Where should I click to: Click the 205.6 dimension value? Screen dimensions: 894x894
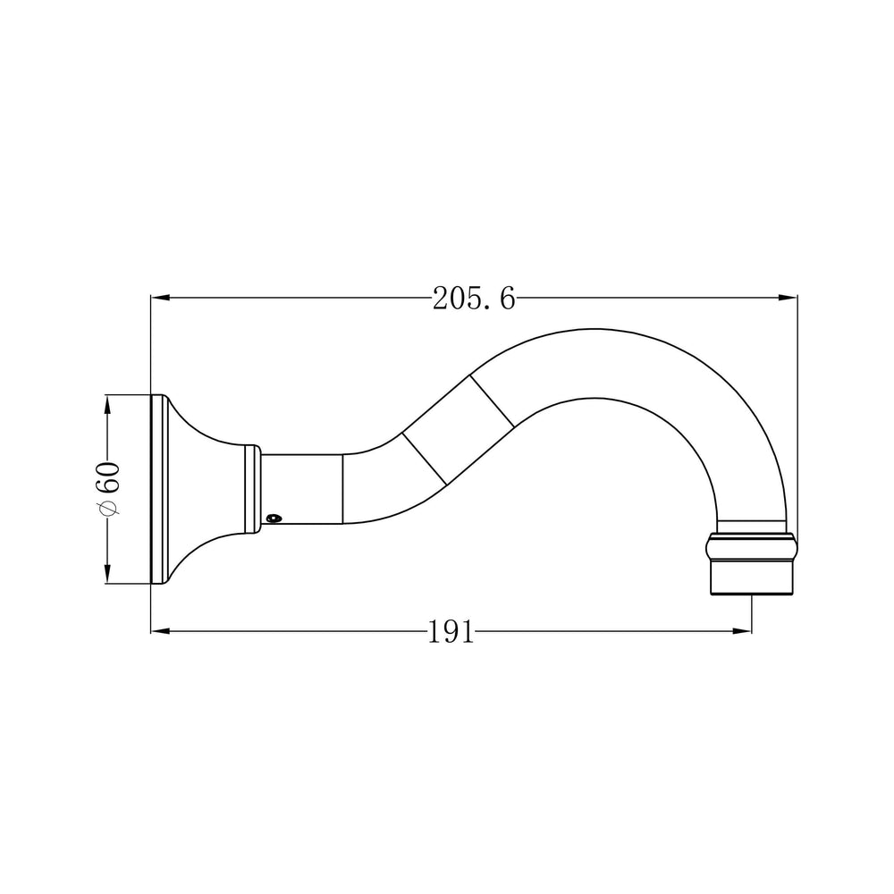[474, 299]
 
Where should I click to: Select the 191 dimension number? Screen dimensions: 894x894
[451, 632]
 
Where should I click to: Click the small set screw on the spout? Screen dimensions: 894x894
[274, 519]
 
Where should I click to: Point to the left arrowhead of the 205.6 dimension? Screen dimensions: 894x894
[161, 298]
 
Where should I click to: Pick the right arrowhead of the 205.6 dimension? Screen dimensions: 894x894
[788, 298]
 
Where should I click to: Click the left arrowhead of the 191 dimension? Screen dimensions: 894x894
[161, 630]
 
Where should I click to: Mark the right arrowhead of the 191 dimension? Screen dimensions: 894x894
[742, 630]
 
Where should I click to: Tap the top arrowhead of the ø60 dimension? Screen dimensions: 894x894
[107, 404]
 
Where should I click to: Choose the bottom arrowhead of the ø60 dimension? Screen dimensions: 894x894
[107, 574]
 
